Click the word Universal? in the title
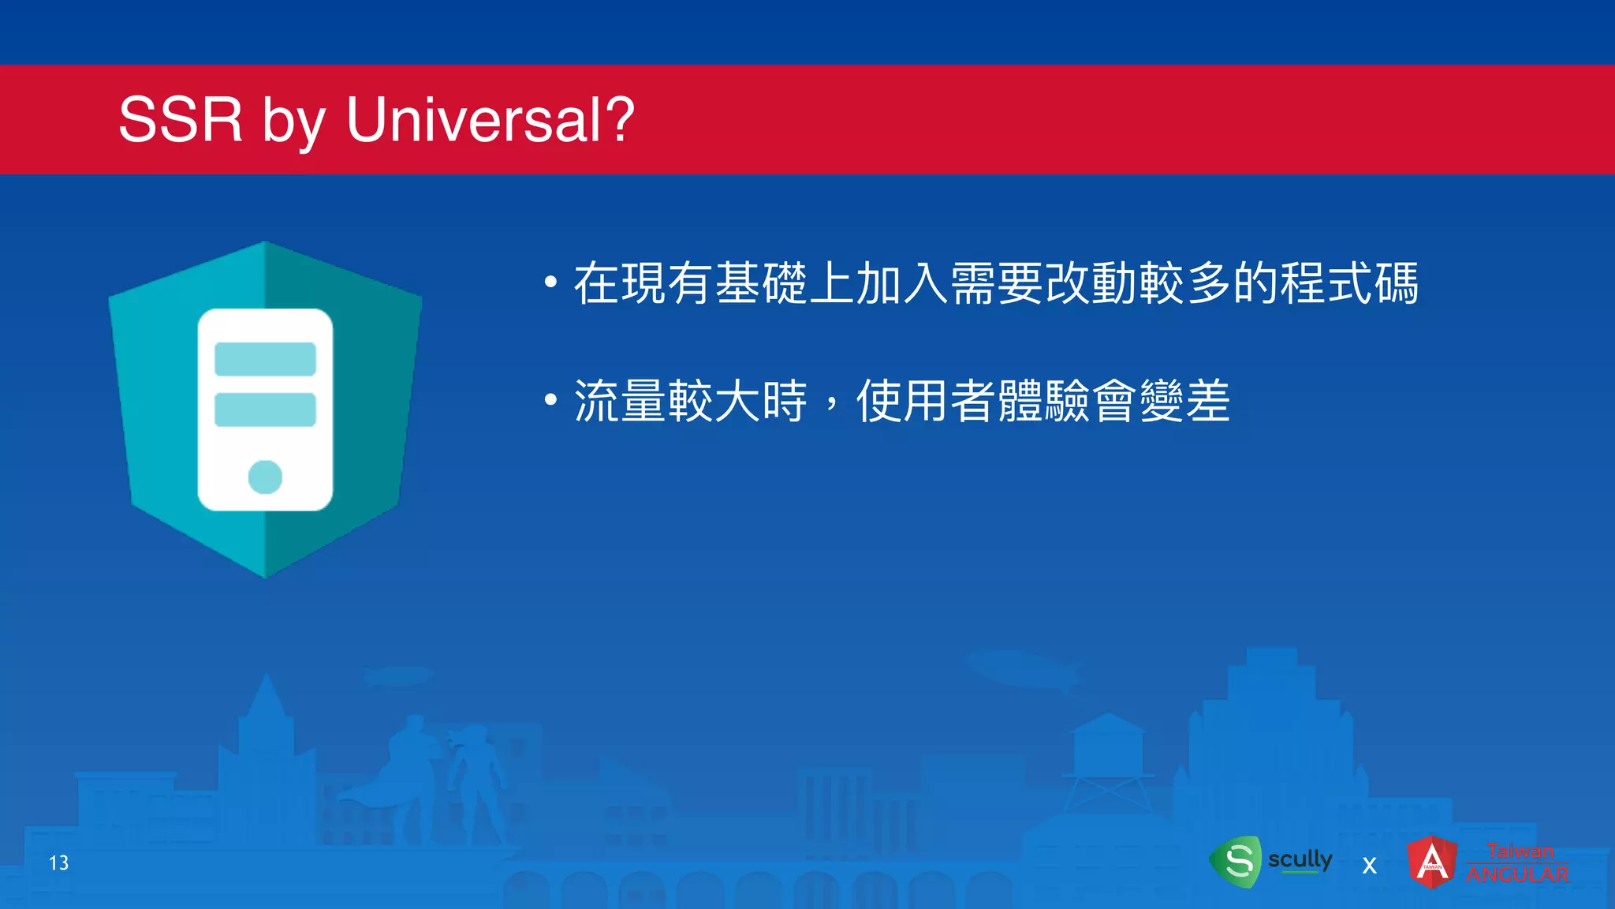click(x=490, y=120)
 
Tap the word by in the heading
click(x=293, y=122)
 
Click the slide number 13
click(x=59, y=863)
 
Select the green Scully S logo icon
click(x=1237, y=861)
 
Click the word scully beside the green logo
click(x=1300, y=858)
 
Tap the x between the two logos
click(x=1370, y=866)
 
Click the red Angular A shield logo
click(x=1432, y=862)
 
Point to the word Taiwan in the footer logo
click(x=1520, y=851)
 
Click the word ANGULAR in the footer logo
click(x=1517, y=874)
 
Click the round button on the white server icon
click(x=265, y=477)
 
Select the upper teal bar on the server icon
click(x=265, y=359)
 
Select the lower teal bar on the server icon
click(x=265, y=410)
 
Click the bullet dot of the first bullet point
click(x=550, y=282)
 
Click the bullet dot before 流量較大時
click(x=550, y=400)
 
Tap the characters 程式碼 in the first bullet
click(x=1348, y=283)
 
